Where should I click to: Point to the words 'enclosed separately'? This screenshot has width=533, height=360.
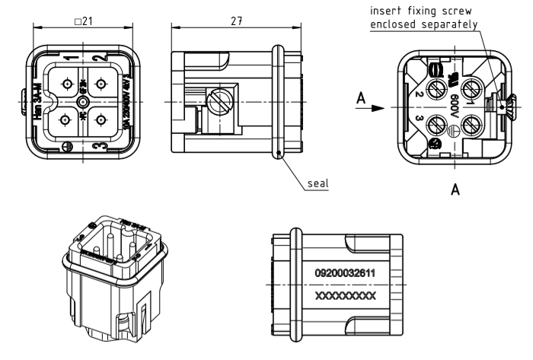tap(423, 24)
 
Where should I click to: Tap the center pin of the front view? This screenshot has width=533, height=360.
tap(78, 101)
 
